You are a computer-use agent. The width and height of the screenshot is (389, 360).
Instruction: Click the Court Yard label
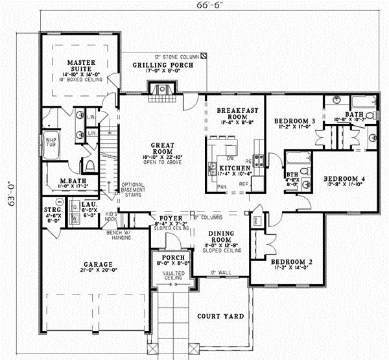tap(221, 317)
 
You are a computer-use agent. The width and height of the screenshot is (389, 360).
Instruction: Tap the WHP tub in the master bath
tap(50, 141)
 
